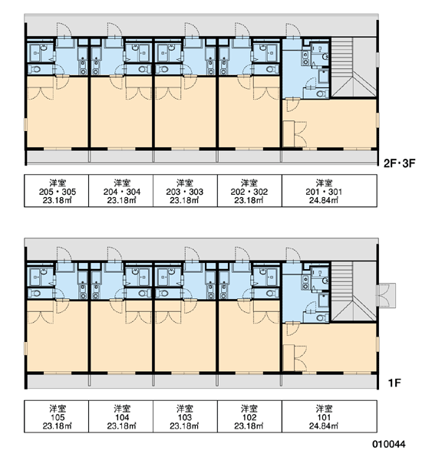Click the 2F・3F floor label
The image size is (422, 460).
400,163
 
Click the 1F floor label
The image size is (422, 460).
394,383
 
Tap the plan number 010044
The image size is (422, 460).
389,444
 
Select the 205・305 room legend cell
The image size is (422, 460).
56,191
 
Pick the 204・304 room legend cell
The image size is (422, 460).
120,191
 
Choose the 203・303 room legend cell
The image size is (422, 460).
185,191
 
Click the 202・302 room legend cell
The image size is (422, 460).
249,191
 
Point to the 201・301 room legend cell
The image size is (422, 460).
329,191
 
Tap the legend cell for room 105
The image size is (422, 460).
56,416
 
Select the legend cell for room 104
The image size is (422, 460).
120,416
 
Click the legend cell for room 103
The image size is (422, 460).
185,416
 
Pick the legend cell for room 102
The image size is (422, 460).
249,416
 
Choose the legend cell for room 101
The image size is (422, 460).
329,416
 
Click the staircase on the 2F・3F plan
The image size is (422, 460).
354,67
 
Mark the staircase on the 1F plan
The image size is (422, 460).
354,291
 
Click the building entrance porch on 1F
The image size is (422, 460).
387,295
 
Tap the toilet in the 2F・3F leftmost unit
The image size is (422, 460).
36,70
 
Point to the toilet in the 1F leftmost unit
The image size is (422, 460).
36,294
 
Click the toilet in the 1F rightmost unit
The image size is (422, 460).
321,317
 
